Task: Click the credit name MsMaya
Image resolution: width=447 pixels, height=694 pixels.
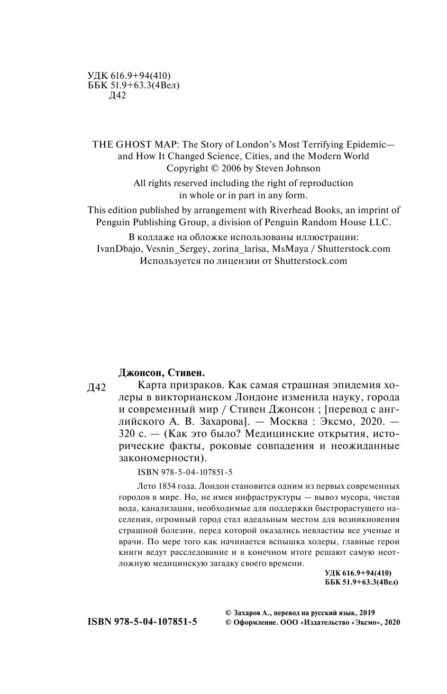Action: [x=290, y=249]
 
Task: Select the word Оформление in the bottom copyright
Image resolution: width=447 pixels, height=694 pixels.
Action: [x=254, y=623]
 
